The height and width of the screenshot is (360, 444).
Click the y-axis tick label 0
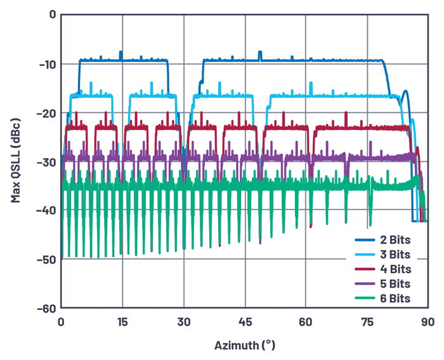tap(52, 15)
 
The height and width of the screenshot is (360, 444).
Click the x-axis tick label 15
tap(122, 321)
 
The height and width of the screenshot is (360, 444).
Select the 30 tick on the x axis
tap(183, 321)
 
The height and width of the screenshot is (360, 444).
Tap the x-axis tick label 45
tap(245, 321)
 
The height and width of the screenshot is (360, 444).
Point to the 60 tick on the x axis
tap(306, 321)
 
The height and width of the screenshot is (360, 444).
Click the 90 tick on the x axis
tap(428, 321)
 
